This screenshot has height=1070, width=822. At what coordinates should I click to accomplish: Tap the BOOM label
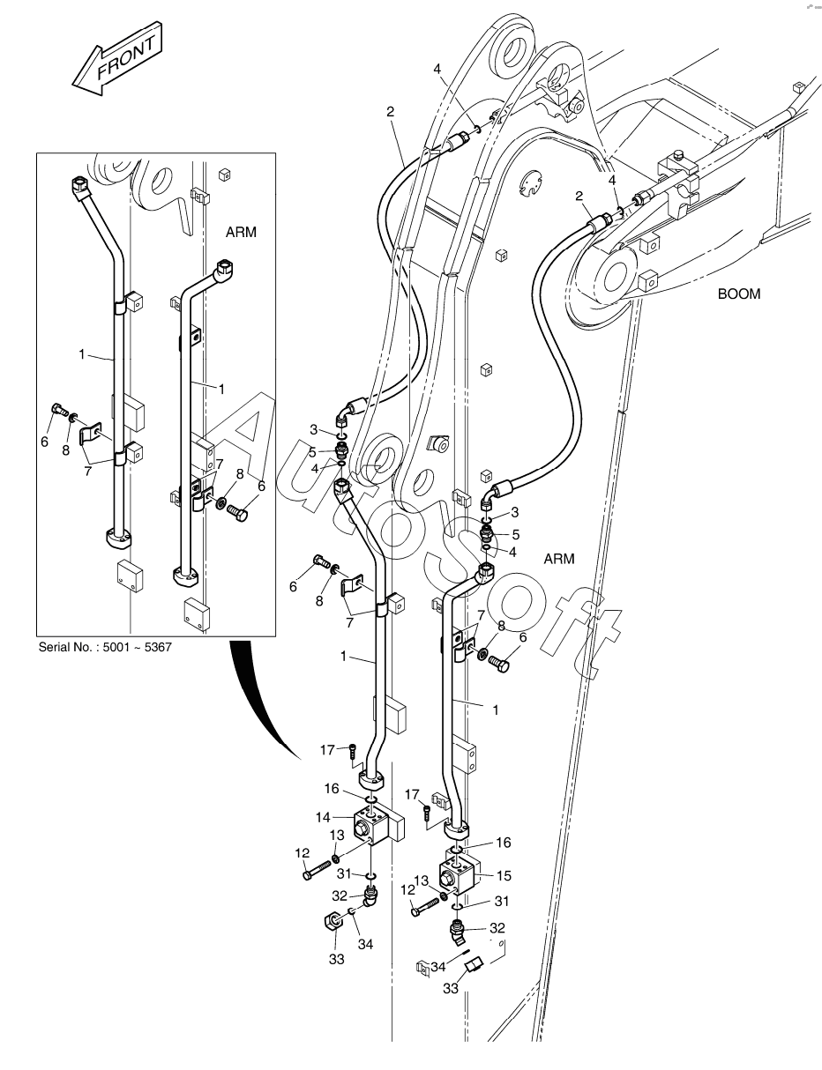coord(738,294)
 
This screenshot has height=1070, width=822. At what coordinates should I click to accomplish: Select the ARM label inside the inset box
coord(241,233)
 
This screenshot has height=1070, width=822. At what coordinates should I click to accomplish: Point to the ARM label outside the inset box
coord(559,559)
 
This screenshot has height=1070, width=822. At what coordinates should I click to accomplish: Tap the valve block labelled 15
coord(459,873)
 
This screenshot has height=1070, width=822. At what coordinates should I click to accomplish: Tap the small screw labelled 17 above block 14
coord(352,751)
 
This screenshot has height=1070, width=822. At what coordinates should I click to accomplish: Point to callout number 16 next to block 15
coord(503,843)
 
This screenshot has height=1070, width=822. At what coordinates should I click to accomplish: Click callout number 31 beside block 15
coord(502,902)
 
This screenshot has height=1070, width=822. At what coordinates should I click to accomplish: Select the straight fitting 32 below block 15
coord(459,929)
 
